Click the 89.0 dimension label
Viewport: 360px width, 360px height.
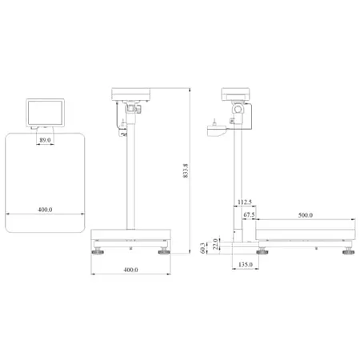point(45,140)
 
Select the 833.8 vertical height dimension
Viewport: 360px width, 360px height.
point(186,170)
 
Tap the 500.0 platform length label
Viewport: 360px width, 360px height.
point(306,215)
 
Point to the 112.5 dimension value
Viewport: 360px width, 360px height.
point(245,202)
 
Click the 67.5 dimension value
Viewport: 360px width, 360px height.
point(249,214)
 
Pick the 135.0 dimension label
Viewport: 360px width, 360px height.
point(246,265)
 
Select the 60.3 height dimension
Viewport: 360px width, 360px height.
point(203,248)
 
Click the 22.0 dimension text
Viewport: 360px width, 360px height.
point(215,244)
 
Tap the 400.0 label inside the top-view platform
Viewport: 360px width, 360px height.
point(45,210)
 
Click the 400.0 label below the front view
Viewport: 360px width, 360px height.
point(130,270)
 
